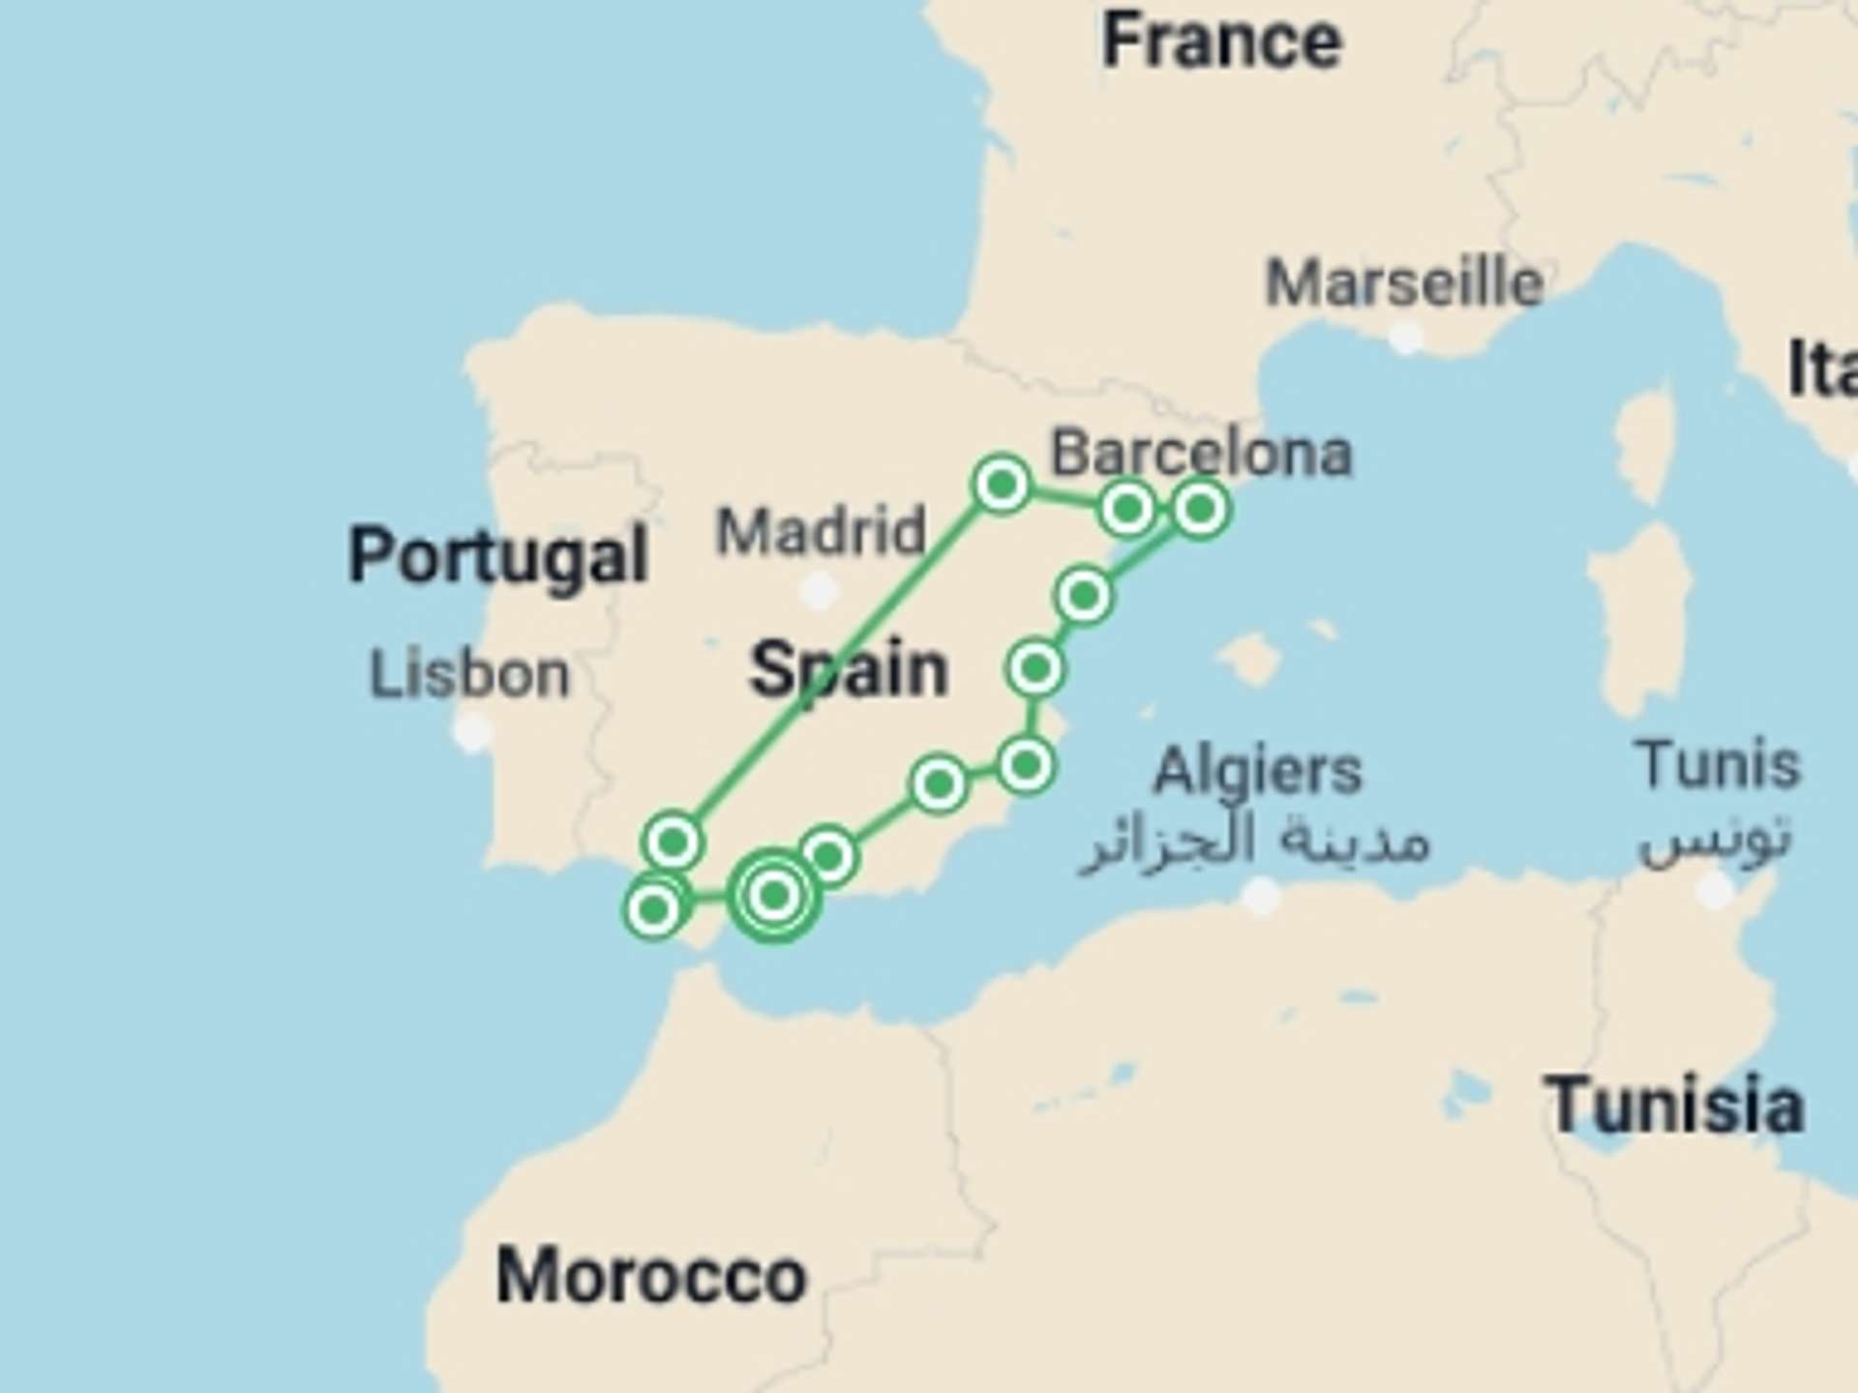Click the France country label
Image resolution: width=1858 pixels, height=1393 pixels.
pyautogui.click(x=1221, y=42)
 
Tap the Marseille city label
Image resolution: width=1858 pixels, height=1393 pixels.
pyautogui.click(x=1404, y=283)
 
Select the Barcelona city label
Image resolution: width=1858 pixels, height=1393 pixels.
pyautogui.click(x=1201, y=453)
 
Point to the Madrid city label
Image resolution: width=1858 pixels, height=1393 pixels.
pyautogui.click(x=821, y=531)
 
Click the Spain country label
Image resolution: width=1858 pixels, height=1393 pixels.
pyautogui.click(x=849, y=669)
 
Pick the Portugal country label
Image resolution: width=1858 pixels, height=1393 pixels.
pyautogui.click(x=497, y=556)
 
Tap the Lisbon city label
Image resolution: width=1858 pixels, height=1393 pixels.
pyautogui.click(x=469, y=674)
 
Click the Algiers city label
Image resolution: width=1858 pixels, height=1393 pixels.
pyautogui.click(x=1257, y=771)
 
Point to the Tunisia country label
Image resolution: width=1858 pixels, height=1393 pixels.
pyautogui.click(x=1674, y=1106)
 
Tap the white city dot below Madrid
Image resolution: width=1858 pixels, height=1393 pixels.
pyautogui.click(x=820, y=590)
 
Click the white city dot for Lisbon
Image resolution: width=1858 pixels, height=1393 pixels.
pyautogui.click(x=473, y=732)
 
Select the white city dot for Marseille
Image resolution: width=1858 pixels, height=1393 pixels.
pyautogui.click(x=1405, y=338)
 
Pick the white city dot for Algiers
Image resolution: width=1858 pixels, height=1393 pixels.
pyautogui.click(x=1260, y=896)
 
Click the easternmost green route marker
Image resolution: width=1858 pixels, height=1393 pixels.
pyautogui.click(x=1200, y=509)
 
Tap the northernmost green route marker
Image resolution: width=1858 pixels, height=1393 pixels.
pyautogui.click(x=1002, y=483)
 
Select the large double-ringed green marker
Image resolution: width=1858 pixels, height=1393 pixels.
pyautogui.click(x=773, y=896)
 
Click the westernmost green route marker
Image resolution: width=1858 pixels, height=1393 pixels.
pyautogui.click(x=653, y=908)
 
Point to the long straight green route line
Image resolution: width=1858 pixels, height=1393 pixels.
pyautogui.click(x=837, y=663)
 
